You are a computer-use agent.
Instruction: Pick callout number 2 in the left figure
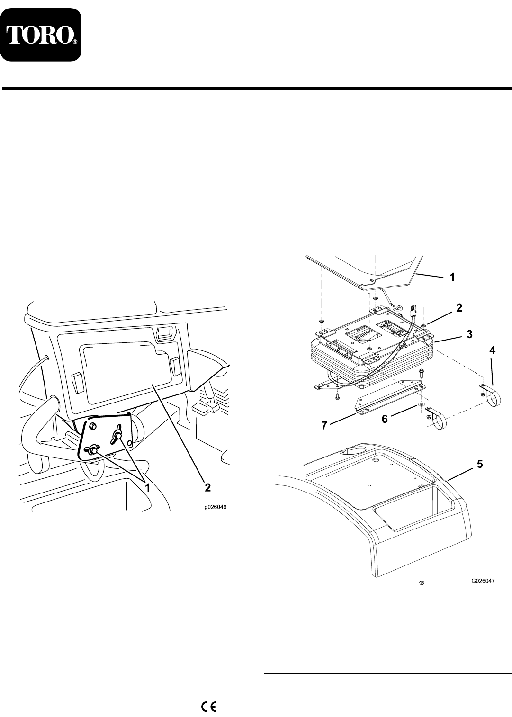207,487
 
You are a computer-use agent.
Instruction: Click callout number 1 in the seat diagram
452,278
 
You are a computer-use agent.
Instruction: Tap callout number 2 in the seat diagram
458,307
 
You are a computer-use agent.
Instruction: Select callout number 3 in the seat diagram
468,334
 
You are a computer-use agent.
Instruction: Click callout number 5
479,465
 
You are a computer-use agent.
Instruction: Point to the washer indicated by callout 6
421,406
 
